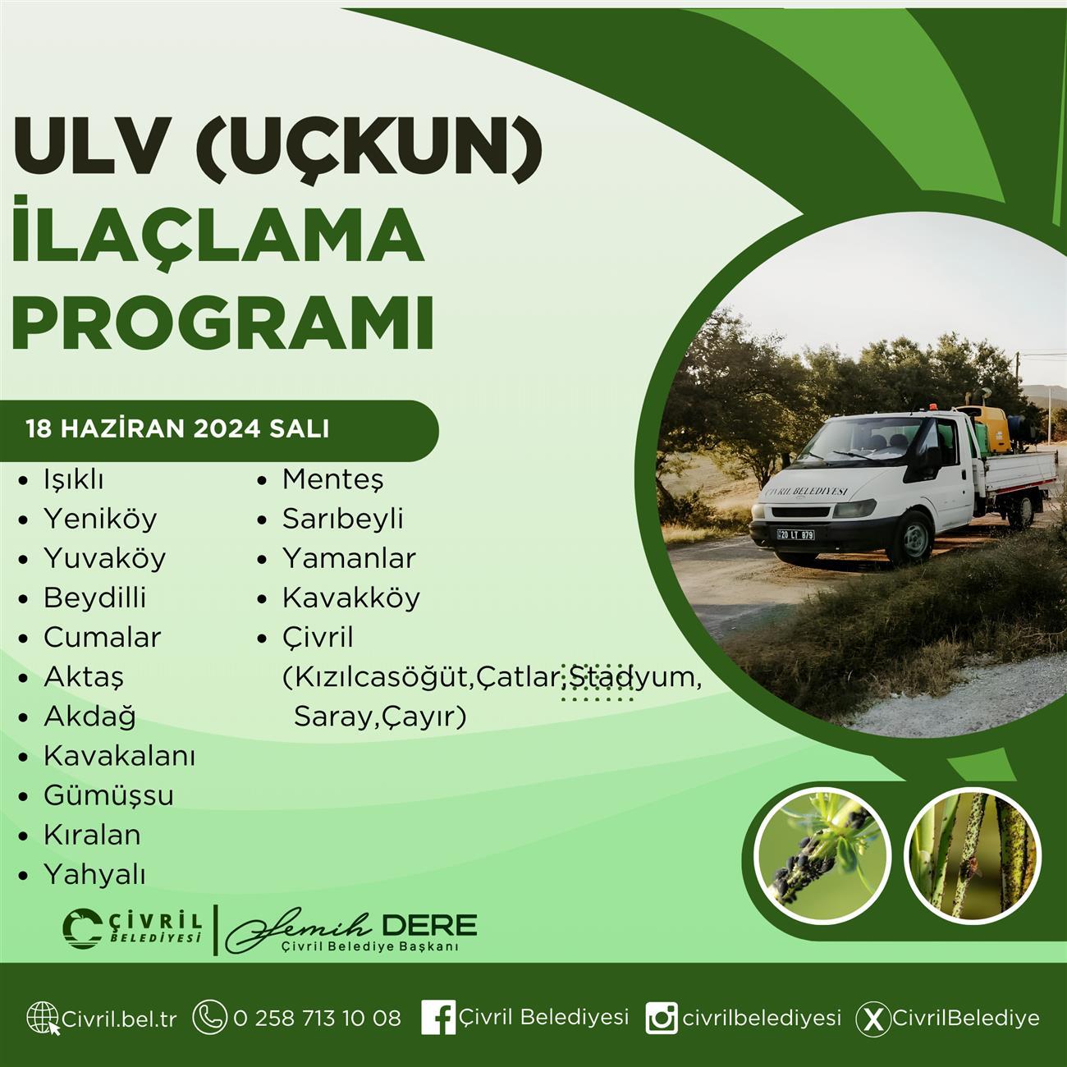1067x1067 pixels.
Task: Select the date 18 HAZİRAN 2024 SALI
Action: tap(178, 429)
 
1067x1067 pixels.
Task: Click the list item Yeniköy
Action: tap(100, 520)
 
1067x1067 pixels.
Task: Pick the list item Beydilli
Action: tap(94, 598)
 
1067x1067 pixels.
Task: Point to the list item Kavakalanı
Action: tap(120, 757)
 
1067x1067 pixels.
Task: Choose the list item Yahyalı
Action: tap(94, 876)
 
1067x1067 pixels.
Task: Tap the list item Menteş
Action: tap(332, 480)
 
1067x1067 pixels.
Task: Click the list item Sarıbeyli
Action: tap(343, 520)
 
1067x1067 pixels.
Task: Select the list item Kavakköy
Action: tap(351, 598)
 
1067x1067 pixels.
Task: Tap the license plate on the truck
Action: tap(796, 535)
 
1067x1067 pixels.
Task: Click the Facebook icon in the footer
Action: tap(438, 1017)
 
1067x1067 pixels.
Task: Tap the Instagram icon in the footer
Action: tap(662, 1018)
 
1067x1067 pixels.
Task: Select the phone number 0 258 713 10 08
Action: tap(318, 1018)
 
